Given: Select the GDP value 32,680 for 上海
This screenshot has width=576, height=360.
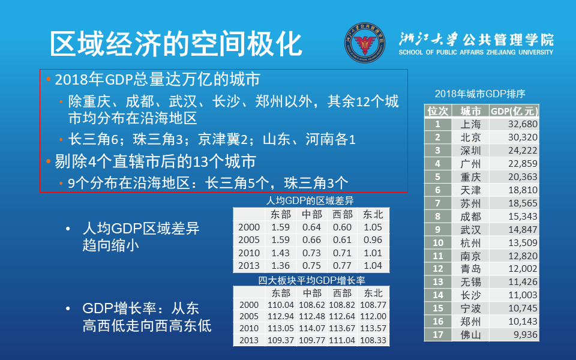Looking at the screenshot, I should tap(514, 124).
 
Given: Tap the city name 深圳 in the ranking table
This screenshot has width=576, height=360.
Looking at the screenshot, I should tap(470, 151).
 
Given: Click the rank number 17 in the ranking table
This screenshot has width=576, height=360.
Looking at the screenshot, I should tap(438, 335).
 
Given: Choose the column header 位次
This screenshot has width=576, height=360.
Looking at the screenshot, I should tap(438, 111).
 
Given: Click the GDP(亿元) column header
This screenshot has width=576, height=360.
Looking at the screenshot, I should tap(514, 111).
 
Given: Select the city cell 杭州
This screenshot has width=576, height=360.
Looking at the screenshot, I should tap(470, 242).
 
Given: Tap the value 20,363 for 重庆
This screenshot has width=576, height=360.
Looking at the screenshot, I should tap(514, 177).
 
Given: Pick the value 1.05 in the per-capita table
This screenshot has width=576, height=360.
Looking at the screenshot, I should tap(373, 227).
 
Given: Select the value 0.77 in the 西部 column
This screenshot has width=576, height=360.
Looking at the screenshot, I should tap(342, 265).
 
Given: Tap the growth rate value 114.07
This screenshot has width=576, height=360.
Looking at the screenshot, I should tap(311, 328).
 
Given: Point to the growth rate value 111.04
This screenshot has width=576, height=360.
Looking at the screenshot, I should tap(342, 340).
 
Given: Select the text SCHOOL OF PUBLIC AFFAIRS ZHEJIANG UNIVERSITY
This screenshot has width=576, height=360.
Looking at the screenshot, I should tap(475, 53).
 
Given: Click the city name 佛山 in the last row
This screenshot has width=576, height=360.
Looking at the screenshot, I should tap(470, 335).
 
